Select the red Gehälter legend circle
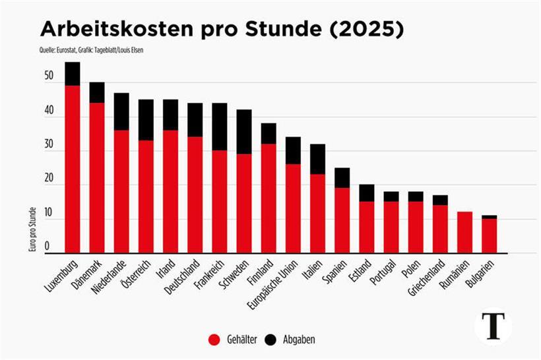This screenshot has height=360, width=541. (x=214, y=339)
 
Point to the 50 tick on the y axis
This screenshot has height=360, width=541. (x=48, y=76)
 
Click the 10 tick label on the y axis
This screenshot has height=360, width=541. (x=48, y=213)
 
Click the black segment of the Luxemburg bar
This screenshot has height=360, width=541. (x=73, y=74)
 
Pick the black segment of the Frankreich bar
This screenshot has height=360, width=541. (x=219, y=127)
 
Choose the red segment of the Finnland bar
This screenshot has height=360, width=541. (x=268, y=198)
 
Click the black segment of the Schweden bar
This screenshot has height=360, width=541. (x=243, y=132)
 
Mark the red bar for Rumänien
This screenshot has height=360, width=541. (x=464, y=232)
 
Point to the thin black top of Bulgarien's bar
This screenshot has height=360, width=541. (x=489, y=217)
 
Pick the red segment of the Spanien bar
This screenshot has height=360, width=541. (x=342, y=220)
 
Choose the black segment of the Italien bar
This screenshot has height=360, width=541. (x=317, y=159)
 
